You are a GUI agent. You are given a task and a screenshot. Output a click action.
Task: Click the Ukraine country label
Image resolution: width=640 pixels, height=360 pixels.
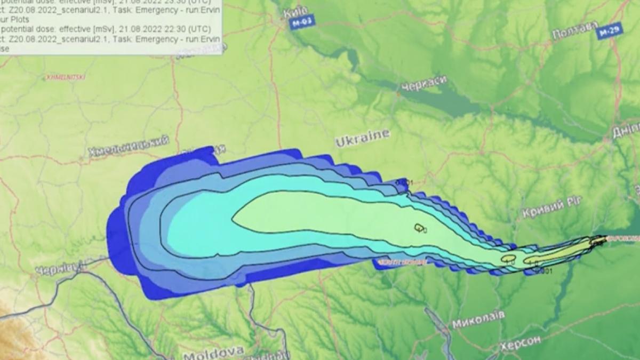363,138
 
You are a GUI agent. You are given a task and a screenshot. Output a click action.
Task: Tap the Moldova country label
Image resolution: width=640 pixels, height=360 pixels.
213,353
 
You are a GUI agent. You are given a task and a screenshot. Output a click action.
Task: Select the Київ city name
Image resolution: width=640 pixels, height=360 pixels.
297,12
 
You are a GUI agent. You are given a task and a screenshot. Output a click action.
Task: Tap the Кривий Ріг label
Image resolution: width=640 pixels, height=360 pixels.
552,206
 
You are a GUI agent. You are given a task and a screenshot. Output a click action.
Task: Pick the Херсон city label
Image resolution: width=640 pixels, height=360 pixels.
521,342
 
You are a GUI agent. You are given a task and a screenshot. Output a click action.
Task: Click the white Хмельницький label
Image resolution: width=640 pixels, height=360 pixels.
129,146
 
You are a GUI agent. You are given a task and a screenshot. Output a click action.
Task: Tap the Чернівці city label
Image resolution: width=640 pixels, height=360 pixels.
60,267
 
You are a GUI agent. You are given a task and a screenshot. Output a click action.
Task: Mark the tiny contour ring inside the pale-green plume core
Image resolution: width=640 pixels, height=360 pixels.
419,228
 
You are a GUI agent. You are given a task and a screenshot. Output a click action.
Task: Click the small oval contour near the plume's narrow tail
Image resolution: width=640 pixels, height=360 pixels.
508,259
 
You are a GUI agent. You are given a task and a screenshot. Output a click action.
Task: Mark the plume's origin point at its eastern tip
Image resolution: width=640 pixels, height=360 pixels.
604,239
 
